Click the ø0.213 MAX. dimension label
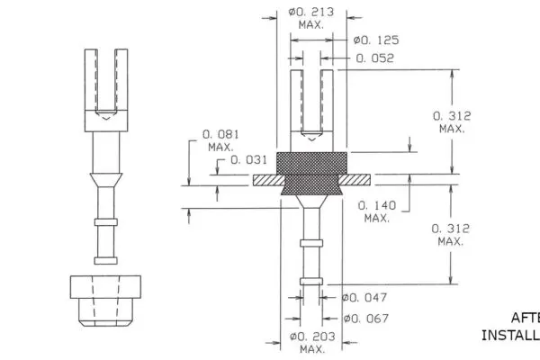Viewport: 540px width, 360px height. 310,17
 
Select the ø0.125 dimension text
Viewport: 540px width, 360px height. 376,40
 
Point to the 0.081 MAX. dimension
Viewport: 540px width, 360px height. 220,139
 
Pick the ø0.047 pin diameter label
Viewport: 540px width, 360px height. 364,296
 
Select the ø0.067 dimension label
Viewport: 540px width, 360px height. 365,318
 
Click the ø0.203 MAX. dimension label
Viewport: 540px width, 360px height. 311,342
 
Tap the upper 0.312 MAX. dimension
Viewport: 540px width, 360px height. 451,122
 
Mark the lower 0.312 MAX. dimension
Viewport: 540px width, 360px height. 450,235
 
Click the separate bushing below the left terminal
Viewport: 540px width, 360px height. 107,298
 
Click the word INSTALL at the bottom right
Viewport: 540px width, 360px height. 509,335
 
